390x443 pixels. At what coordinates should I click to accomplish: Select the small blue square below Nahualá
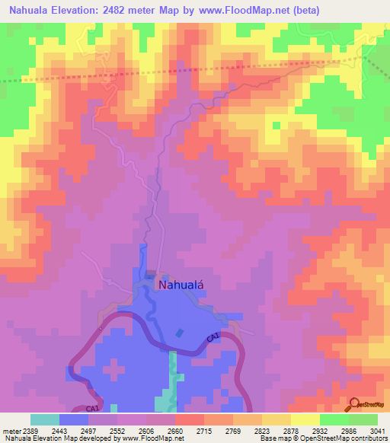pos(179,333)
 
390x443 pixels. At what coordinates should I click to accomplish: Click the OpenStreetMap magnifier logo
pos(354,403)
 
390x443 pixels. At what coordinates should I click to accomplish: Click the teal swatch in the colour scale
pos(45,419)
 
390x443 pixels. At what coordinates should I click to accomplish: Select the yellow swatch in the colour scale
pos(305,419)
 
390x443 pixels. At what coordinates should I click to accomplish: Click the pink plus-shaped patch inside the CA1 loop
pos(113,371)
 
